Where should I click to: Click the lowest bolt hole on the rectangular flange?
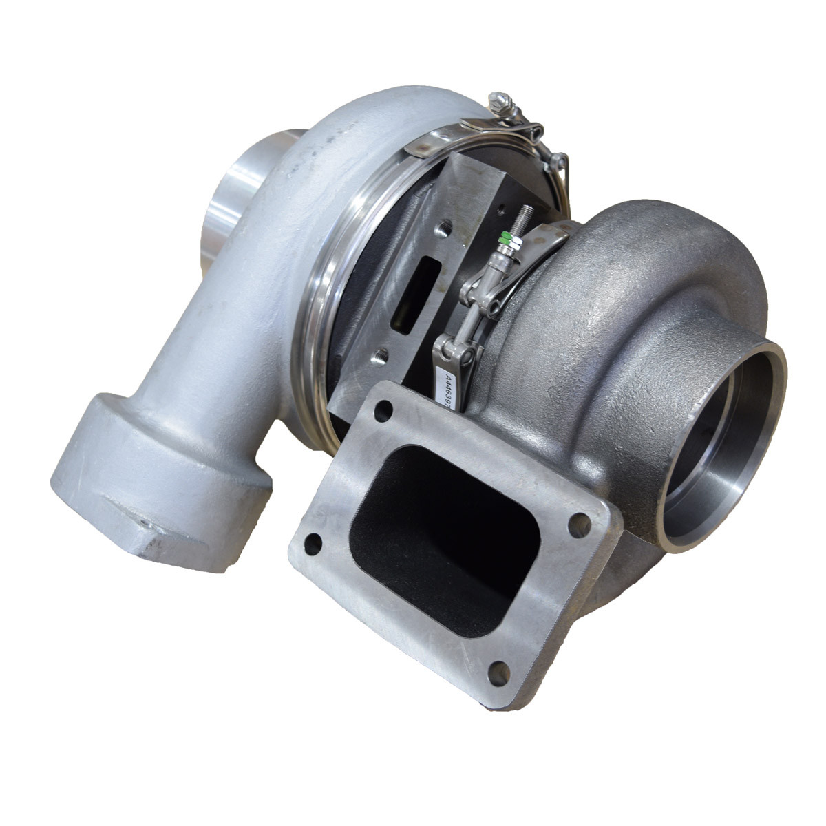497,672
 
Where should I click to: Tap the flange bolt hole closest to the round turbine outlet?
579,525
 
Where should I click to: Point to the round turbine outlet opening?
723,441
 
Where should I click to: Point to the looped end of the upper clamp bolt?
558,162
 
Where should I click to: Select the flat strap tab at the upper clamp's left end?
420,147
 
